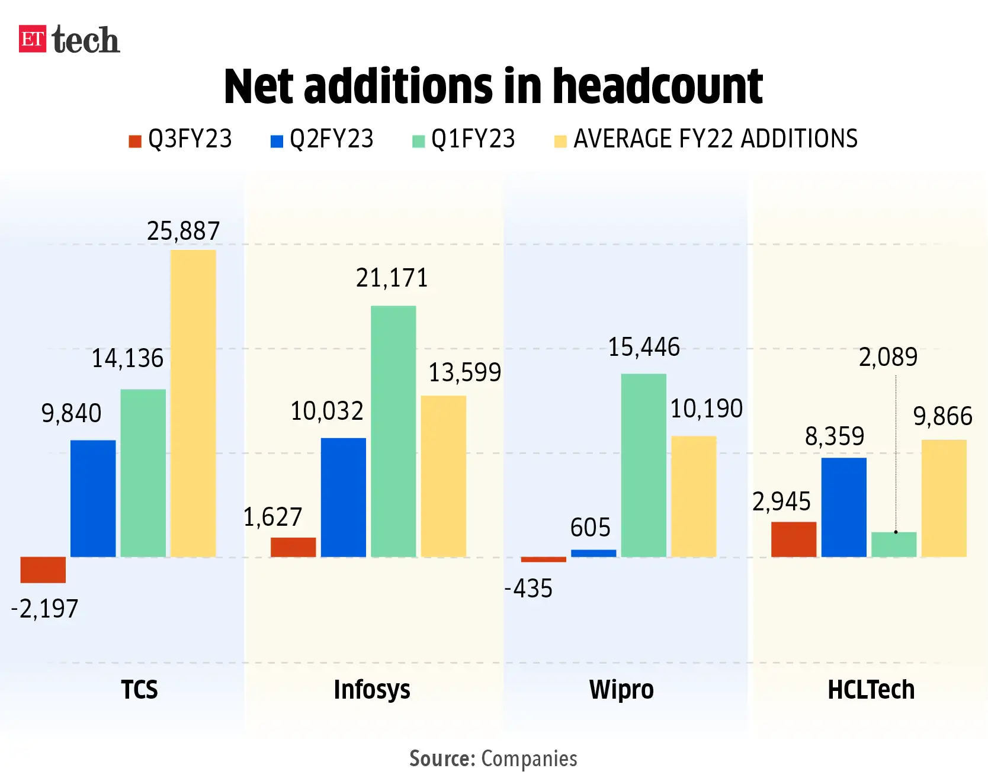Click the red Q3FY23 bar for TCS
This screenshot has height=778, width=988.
point(43,570)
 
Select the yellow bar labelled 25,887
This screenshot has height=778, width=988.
point(193,403)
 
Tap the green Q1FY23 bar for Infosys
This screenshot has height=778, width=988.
point(393,431)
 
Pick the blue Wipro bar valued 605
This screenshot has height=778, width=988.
point(594,553)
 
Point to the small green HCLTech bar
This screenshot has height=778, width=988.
point(894,545)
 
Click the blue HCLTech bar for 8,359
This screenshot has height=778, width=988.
point(843,507)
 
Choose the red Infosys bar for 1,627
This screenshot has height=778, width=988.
point(293,547)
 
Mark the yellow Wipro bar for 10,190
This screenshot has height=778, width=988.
point(694,496)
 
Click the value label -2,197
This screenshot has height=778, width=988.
point(44,609)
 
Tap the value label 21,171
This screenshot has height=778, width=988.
point(392,278)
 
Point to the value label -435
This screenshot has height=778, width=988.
point(528,589)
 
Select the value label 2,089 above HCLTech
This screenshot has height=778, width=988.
point(888,357)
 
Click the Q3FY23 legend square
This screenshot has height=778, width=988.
point(135,141)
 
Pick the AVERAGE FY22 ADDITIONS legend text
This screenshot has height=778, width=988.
point(715,139)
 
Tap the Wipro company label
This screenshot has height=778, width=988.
point(621,690)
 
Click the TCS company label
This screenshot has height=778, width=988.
point(139,690)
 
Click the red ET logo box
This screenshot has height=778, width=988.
point(32,39)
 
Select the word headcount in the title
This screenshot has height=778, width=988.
point(657,86)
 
